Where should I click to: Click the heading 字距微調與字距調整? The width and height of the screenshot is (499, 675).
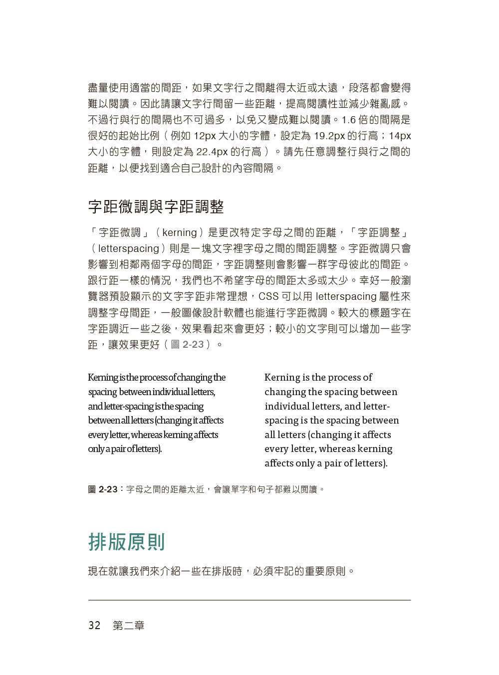(x=156, y=207)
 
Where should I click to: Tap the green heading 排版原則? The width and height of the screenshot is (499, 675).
(x=126, y=542)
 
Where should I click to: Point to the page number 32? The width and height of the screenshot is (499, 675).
(x=94, y=626)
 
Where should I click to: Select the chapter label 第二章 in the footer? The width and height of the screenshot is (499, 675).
(x=128, y=626)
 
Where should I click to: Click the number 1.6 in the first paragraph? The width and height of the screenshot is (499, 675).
(x=348, y=120)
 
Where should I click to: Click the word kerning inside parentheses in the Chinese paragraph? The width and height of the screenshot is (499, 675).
(x=180, y=232)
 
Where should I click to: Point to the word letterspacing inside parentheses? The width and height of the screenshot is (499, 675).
(x=128, y=248)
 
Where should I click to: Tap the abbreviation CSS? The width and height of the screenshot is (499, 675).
(x=268, y=296)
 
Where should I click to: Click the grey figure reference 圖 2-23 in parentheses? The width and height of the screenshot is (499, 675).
(x=188, y=344)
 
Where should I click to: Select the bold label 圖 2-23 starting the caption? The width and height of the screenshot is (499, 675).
(x=103, y=489)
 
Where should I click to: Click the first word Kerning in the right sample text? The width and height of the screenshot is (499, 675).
(x=282, y=378)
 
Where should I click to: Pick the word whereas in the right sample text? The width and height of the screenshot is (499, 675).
(x=337, y=449)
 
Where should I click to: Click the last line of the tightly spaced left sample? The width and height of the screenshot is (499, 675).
(x=125, y=449)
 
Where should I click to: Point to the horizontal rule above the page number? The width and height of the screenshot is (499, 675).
(x=249, y=600)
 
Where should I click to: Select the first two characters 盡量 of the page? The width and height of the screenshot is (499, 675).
(x=98, y=88)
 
